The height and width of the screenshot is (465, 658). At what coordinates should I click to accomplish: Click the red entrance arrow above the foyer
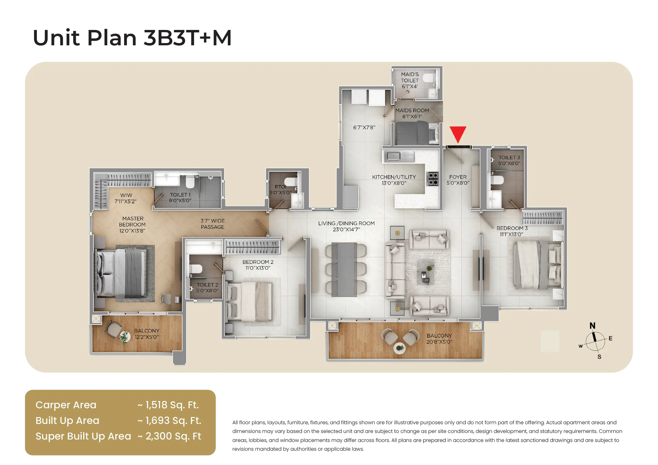(x=458, y=133)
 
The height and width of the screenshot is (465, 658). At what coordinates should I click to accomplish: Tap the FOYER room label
(x=458, y=177)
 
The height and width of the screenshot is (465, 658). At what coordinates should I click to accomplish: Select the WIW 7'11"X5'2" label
(x=126, y=198)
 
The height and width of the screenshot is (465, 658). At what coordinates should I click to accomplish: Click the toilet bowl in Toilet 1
(x=190, y=181)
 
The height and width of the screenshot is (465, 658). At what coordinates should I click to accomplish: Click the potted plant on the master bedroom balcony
(x=125, y=337)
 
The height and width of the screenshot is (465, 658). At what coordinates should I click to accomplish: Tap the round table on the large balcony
(x=399, y=348)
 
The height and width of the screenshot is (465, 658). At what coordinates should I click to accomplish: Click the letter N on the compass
(x=592, y=326)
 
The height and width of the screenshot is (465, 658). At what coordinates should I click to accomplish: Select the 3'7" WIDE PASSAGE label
(x=212, y=224)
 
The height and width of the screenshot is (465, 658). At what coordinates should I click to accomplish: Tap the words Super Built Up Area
(x=83, y=436)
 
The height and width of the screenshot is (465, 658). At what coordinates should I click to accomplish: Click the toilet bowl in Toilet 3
(x=497, y=180)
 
